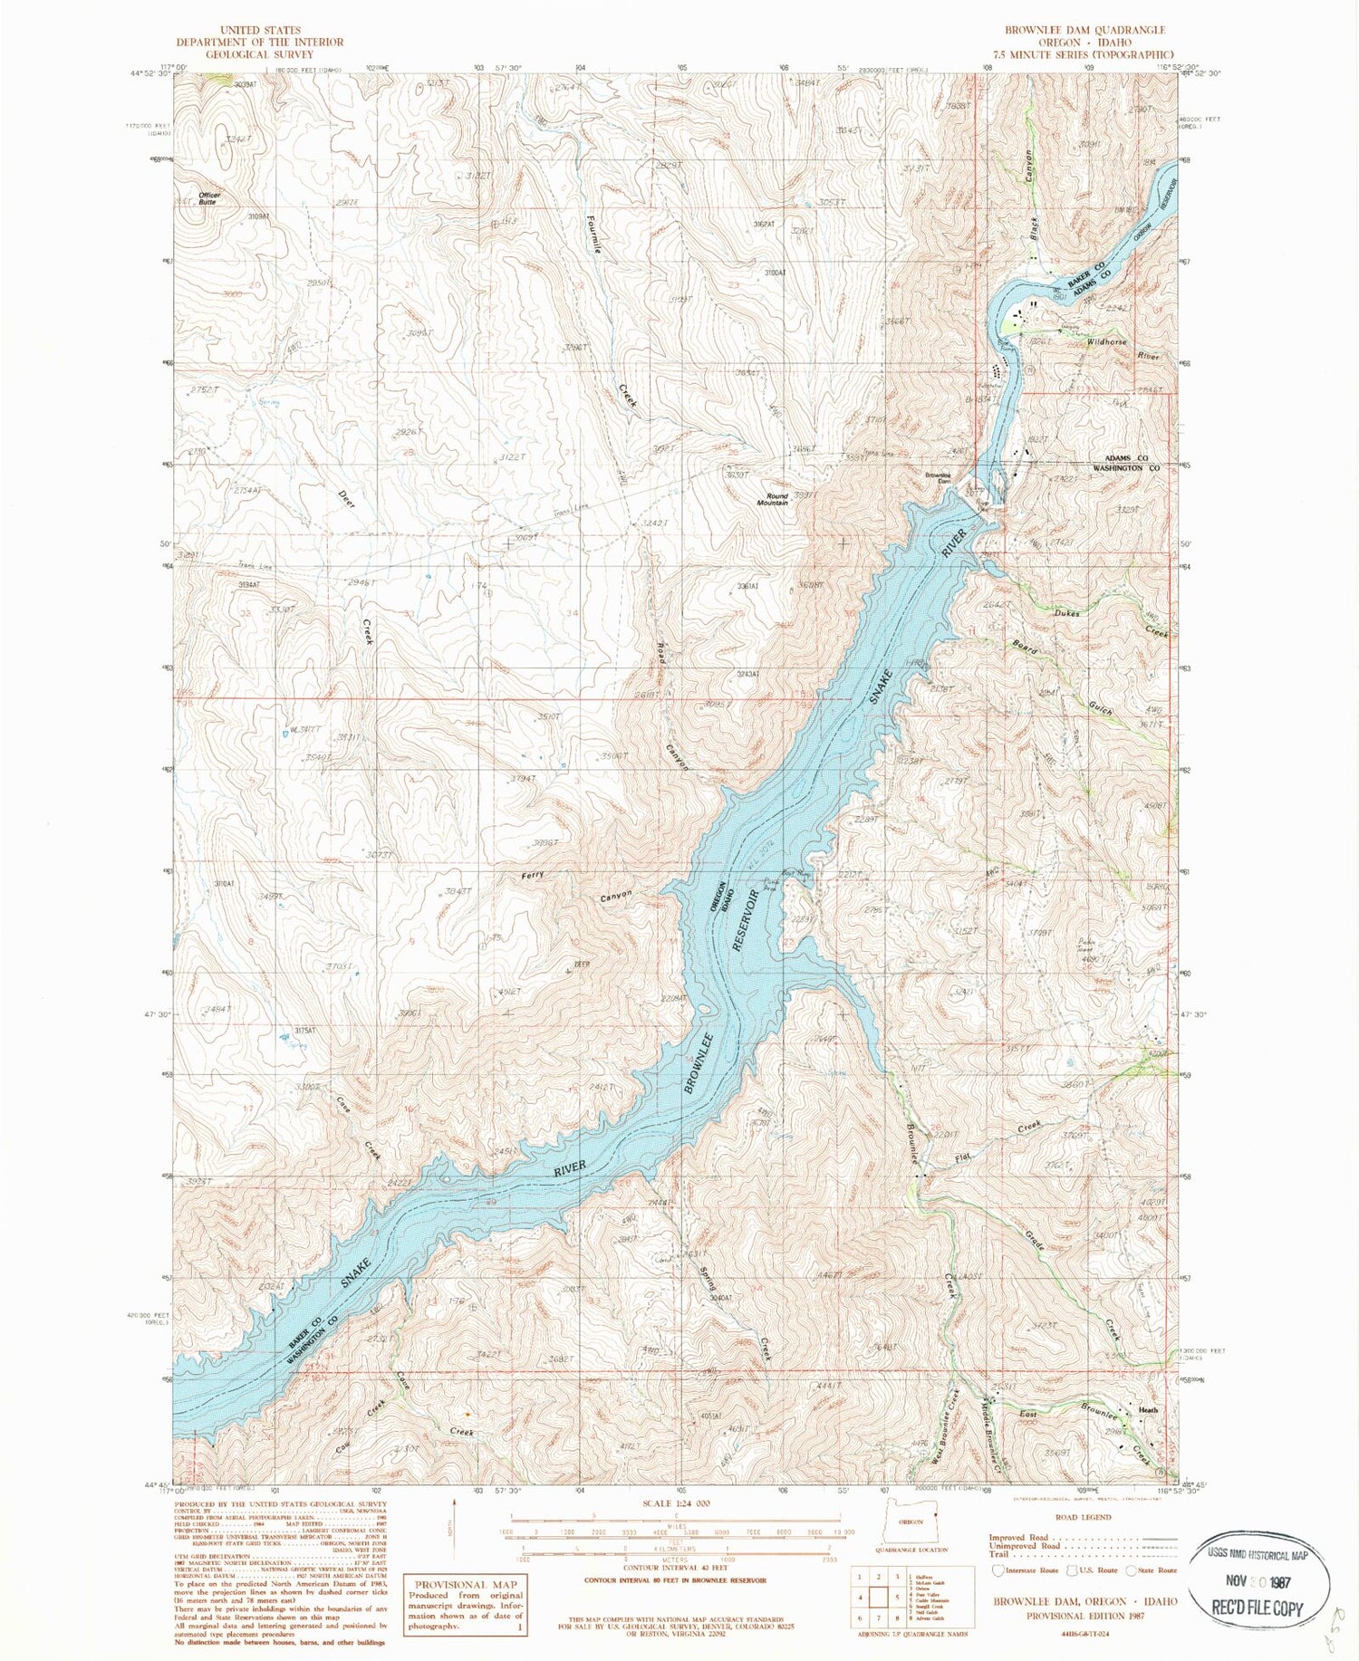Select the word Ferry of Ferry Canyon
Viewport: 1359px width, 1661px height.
click(x=533, y=876)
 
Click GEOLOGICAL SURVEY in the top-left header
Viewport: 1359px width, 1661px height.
click(x=246, y=54)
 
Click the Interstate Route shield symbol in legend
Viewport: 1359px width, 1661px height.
click(x=998, y=1570)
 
